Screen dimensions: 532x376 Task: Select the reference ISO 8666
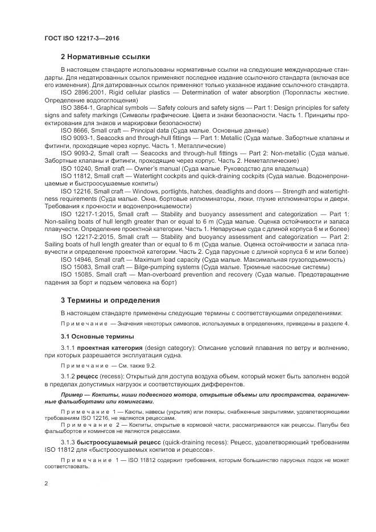coord(73,130)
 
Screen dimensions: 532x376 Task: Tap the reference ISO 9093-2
coord(78,153)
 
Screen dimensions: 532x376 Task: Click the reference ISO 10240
coord(76,168)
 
